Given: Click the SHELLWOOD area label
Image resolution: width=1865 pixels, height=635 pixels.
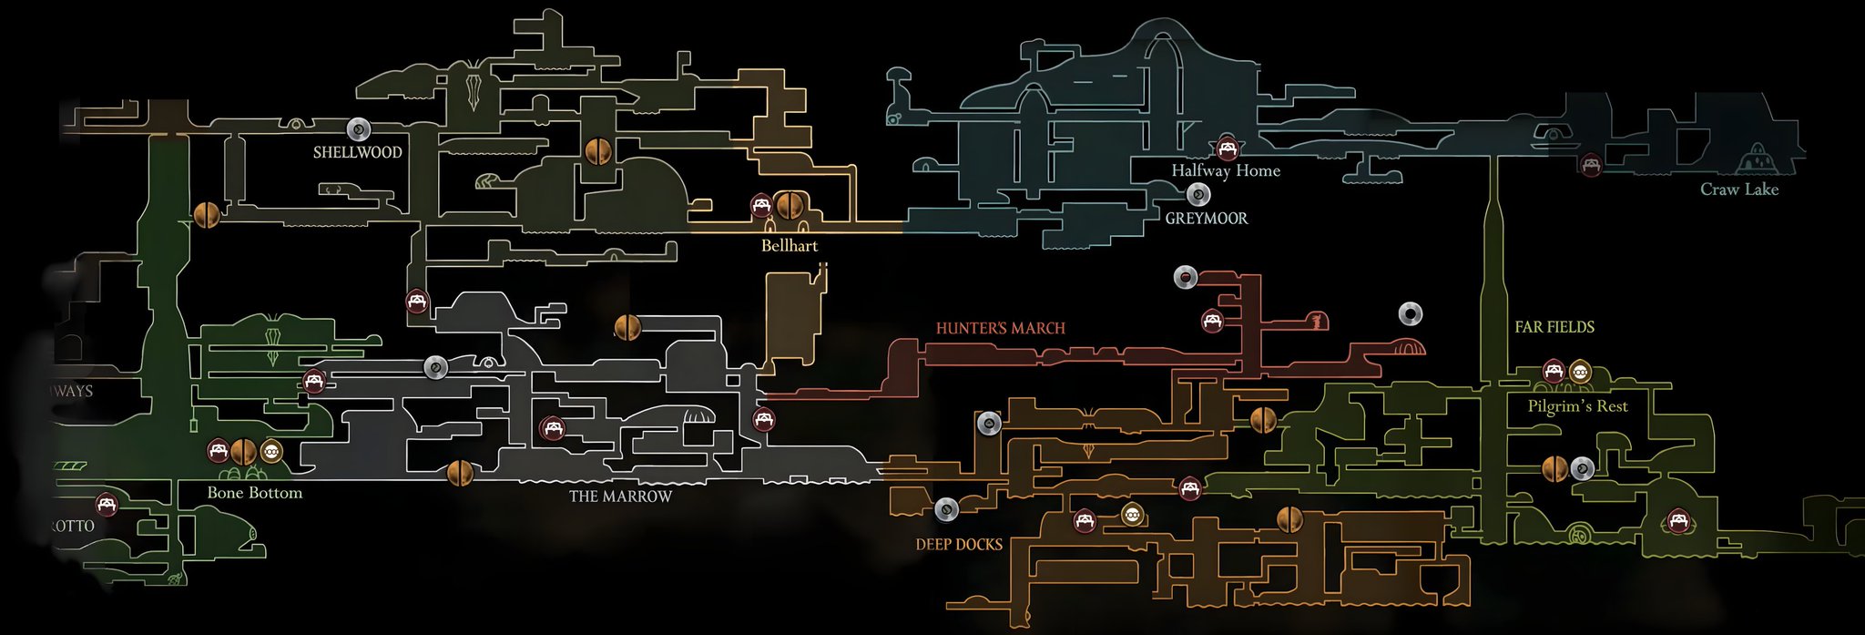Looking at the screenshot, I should (x=357, y=152).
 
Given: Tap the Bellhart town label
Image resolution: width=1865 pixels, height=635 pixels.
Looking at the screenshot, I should (x=790, y=245).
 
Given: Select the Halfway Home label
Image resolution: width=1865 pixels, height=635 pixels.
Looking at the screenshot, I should (x=1225, y=170).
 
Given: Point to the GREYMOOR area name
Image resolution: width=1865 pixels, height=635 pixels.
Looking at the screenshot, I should (x=1207, y=218).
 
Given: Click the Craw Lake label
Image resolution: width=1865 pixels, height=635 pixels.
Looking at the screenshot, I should (x=1739, y=189).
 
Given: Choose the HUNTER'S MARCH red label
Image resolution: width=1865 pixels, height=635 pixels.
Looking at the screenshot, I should (x=1000, y=328).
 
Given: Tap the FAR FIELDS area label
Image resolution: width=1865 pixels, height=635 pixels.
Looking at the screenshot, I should (x=1554, y=326).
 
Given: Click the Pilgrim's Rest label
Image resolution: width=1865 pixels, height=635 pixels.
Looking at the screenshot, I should (x=1578, y=406).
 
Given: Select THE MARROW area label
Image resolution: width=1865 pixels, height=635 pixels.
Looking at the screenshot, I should (x=620, y=497).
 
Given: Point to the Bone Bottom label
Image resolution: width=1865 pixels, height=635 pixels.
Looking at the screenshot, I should (x=254, y=493).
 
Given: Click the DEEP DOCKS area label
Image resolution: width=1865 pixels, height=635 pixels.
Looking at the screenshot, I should (x=959, y=544).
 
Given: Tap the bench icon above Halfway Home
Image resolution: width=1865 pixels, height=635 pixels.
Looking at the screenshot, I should (x=1228, y=148).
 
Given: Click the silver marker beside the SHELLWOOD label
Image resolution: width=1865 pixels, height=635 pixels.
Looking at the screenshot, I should (x=358, y=129).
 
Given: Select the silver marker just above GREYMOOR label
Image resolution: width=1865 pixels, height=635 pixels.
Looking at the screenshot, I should (x=1198, y=194).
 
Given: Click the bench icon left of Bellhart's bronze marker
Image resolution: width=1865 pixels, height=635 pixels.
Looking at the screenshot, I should (x=761, y=205).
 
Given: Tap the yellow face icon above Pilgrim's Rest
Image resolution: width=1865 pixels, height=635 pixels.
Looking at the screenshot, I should (x=1580, y=371).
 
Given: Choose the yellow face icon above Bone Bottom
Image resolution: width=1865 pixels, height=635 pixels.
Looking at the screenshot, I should (x=271, y=451).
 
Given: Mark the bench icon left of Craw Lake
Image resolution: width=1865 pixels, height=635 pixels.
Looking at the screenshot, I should (x=1591, y=165).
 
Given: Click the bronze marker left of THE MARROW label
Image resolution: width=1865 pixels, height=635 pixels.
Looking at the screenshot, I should (x=460, y=473).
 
